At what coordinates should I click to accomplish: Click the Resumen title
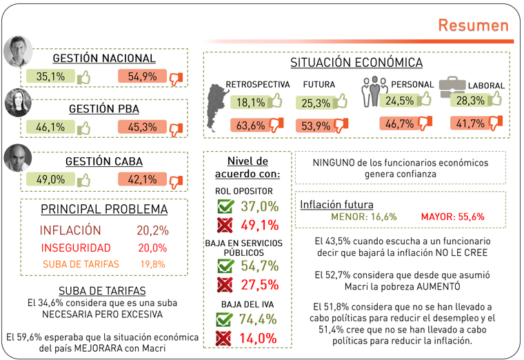(473, 26)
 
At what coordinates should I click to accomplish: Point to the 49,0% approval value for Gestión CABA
(50, 179)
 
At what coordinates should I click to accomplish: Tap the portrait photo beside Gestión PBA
(19, 103)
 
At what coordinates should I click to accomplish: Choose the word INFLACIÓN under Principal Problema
(70, 230)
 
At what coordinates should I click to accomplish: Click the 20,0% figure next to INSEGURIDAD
(153, 248)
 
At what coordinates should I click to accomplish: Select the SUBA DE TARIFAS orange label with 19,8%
(81, 264)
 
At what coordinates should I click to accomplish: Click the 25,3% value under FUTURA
(316, 103)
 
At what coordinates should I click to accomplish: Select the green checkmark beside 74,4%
(225, 319)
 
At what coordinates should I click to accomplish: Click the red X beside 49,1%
(225, 225)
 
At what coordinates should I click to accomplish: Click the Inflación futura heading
(336, 204)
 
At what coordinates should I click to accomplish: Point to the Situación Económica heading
(356, 63)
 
